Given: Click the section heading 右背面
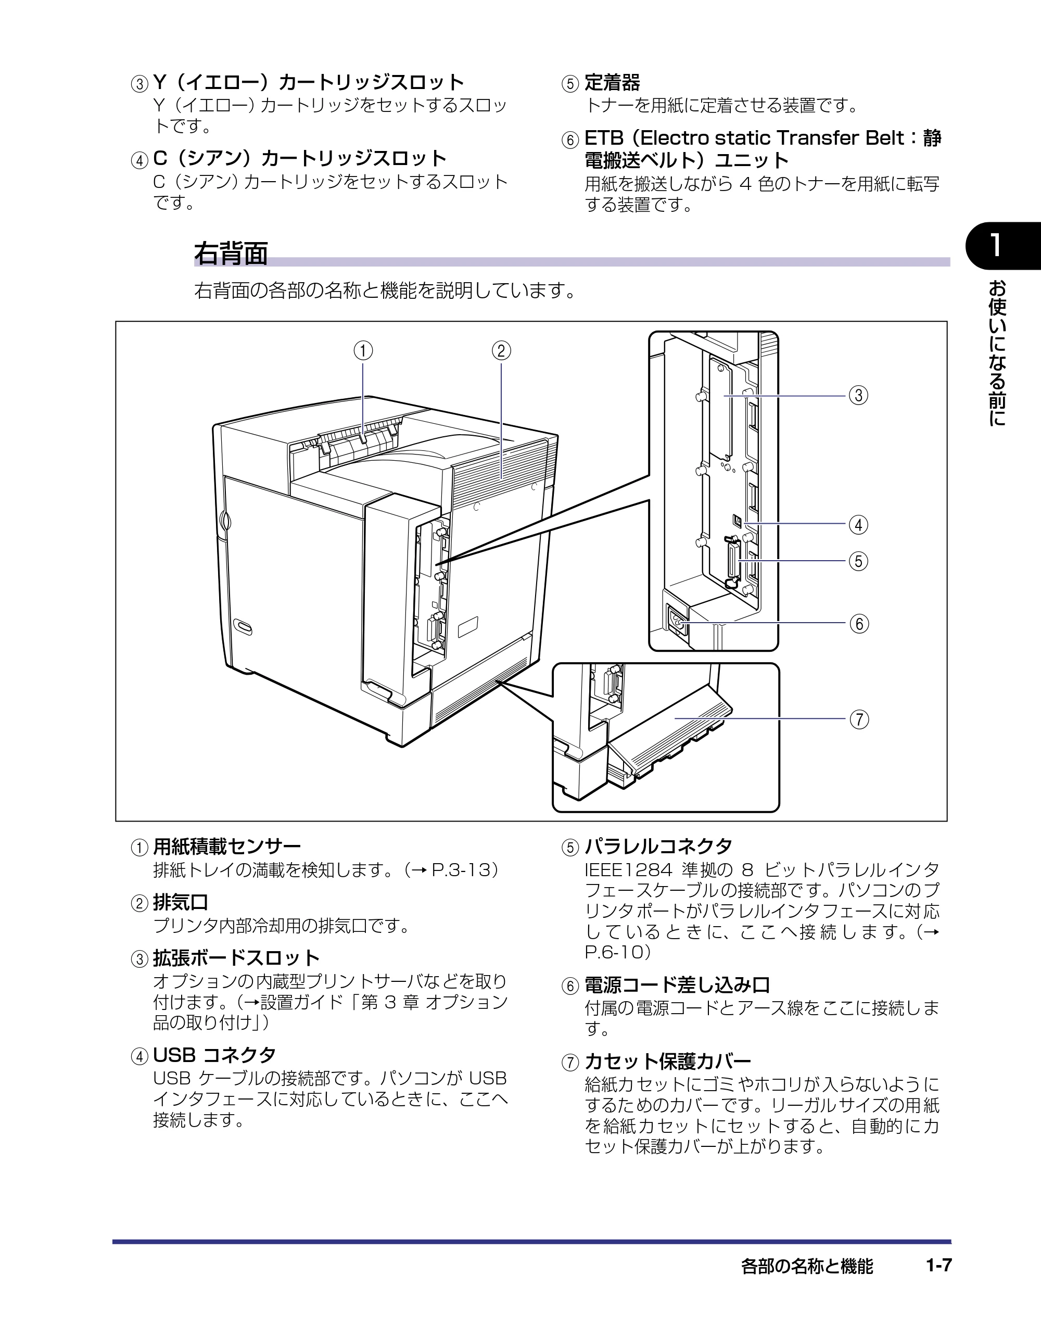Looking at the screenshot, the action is pos(231,253).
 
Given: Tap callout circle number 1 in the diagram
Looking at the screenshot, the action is pos(363,351).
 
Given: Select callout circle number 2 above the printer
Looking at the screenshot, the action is pos(501,351).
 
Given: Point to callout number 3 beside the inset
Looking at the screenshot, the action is pos(858,396).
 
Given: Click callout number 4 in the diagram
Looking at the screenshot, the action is pos(858,525).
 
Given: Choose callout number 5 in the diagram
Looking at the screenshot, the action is pos(858,561).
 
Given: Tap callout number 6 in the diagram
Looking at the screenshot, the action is pos(859,624).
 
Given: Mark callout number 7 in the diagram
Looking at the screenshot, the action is pos(859,719).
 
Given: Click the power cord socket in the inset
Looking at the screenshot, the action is pos(677,622).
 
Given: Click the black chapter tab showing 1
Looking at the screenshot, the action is pos(1004,246).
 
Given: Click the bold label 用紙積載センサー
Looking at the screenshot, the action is pos(227,847).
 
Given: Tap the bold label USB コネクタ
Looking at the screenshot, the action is pos(214,1055).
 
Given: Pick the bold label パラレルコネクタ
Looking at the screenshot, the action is pos(658,847).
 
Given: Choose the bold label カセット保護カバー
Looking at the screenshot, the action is pos(668,1060).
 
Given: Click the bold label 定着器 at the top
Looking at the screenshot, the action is pos(612,82).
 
